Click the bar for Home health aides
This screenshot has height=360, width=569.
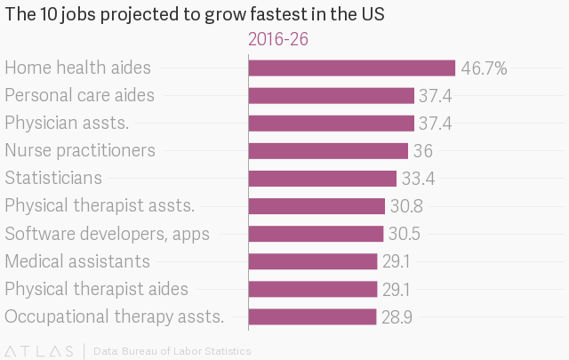(x=352, y=68)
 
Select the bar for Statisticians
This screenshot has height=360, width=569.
(x=323, y=179)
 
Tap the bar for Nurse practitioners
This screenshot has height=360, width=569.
(x=328, y=151)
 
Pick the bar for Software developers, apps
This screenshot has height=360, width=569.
(x=316, y=234)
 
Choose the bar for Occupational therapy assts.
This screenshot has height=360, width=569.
(x=313, y=316)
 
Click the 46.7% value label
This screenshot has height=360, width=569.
(x=484, y=68)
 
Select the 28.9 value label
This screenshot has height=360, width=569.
(x=397, y=316)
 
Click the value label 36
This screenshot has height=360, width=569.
(x=422, y=151)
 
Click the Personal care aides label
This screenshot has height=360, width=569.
(x=79, y=95)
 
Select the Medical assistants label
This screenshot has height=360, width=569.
(x=77, y=261)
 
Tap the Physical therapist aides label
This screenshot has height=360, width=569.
(x=96, y=289)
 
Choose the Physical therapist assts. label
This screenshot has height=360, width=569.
(x=100, y=206)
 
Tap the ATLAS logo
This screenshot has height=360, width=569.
(x=40, y=351)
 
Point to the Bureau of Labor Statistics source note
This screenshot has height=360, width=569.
(x=172, y=351)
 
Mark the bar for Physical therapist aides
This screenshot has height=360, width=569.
(x=313, y=289)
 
